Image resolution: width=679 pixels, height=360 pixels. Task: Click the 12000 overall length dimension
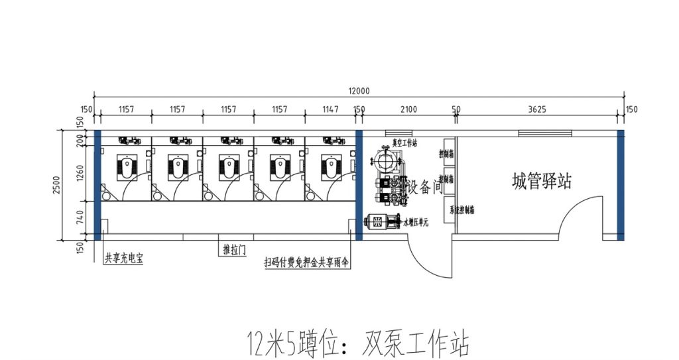[358, 91]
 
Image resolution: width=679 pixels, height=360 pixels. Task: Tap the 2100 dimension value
[409, 109]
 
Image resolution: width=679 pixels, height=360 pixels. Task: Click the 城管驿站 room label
[542, 181]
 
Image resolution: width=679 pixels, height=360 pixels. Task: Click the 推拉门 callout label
[234, 250]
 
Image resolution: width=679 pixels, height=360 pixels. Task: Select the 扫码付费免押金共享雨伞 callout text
[306, 263]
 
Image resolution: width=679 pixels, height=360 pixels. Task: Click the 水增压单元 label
[417, 223]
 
